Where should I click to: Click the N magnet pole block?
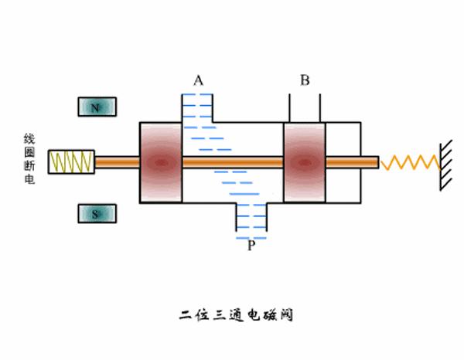click(x=97, y=107)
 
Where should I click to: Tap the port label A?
click(x=199, y=80)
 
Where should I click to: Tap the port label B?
click(x=305, y=80)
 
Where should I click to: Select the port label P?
click(x=251, y=246)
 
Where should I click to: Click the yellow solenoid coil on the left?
click(x=71, y=162)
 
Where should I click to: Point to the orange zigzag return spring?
click(x=409, y=162)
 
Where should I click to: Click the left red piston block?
click(x=160, y=162)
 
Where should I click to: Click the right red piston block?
click(x=304, y=162)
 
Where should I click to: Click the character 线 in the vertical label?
click(x=29, y=139)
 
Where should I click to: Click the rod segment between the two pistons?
click(x=232, y=162)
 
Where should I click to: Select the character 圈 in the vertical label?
click(x=29, y=155)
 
